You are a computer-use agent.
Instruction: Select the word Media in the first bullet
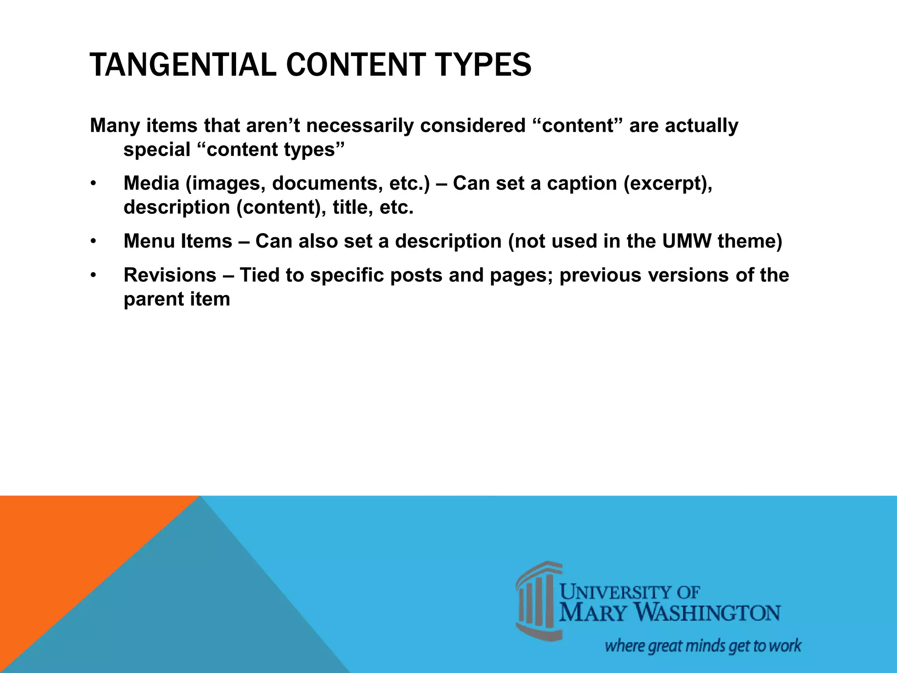coord(151,183)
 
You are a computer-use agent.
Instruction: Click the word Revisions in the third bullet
coord(170,275)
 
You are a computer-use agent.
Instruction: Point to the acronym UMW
coord(686,241)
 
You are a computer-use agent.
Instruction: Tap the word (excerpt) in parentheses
coord(667,183)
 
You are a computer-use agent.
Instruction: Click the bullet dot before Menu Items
coord(93,242)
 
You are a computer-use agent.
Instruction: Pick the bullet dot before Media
coord(93,184)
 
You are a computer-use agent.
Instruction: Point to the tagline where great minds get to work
coord(703,646)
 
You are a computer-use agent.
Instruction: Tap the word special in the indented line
coord(157,149)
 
